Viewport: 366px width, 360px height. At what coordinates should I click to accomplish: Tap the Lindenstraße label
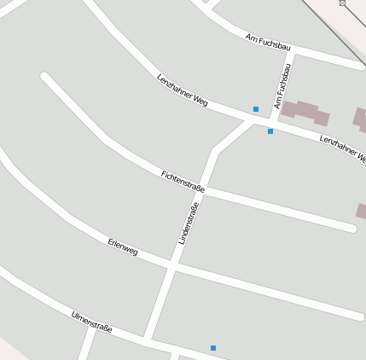189,224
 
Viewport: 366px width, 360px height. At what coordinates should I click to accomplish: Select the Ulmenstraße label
91,322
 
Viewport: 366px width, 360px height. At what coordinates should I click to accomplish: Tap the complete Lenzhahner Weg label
183,89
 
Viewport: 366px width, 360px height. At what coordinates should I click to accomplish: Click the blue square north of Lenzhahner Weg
256,109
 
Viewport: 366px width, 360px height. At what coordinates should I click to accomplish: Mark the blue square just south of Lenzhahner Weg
270,131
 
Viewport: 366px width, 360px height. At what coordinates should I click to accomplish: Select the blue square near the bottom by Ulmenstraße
213,348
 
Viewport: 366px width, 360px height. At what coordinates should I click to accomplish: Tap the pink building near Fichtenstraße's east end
362,212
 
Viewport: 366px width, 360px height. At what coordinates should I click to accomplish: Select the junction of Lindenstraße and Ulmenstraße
149,340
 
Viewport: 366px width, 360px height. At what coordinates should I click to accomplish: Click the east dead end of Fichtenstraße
351,228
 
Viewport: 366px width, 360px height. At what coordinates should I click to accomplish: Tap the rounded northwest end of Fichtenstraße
45,78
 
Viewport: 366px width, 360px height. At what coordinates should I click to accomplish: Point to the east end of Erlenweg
359,316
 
